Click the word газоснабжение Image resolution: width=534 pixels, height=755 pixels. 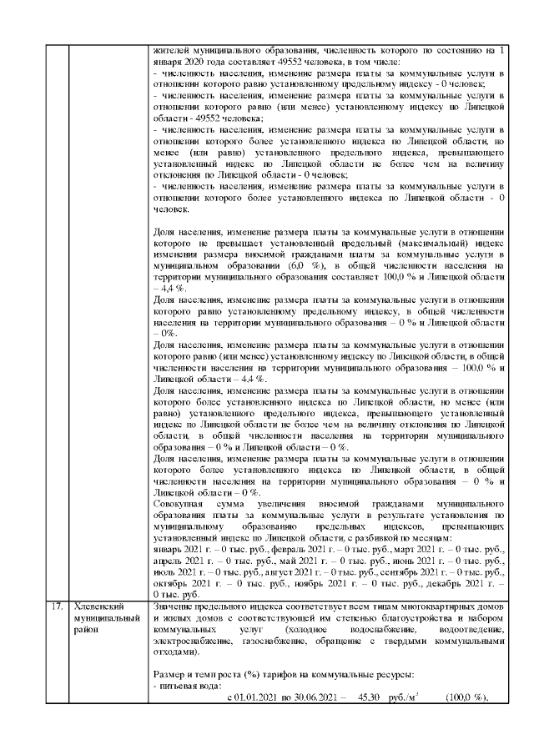[269, 642]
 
